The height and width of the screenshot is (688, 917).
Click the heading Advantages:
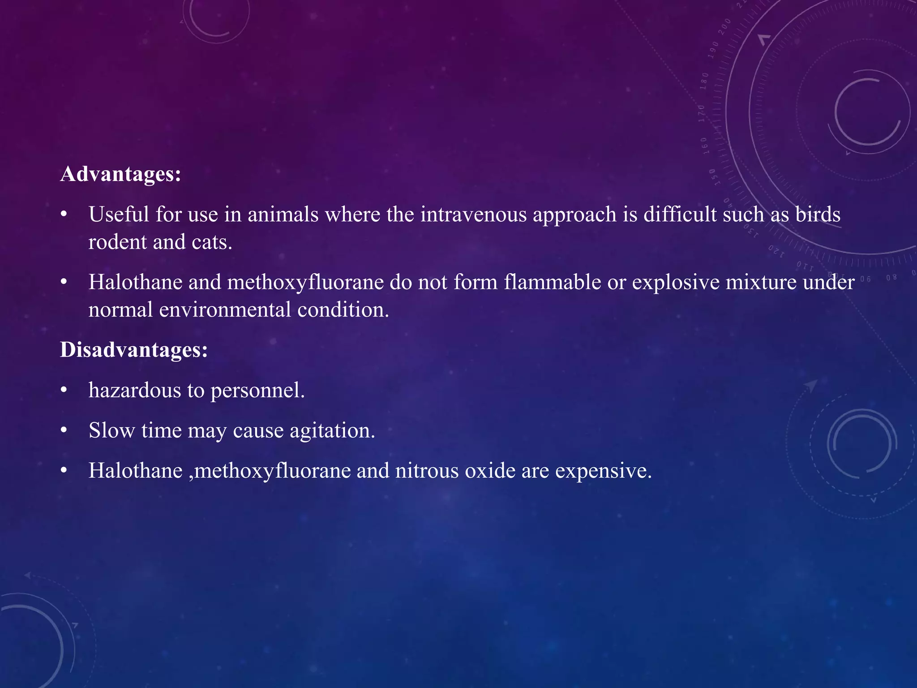coord(120,174)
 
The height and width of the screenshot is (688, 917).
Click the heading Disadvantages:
coord(134,349)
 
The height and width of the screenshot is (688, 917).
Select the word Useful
coord(119,214)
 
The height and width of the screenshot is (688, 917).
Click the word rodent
coord(117,242)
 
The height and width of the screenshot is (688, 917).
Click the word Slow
coord(111,430)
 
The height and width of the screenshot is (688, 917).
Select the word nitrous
coord(427,471)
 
